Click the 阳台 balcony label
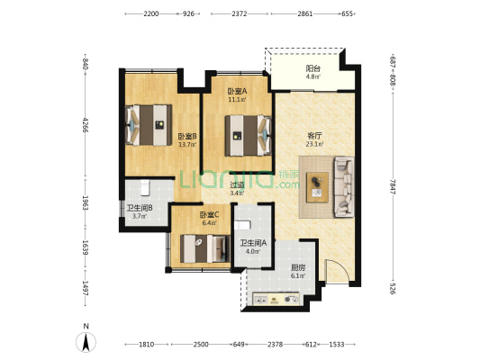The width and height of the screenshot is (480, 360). point(312,68)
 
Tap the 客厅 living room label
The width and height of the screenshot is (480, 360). point(314,136)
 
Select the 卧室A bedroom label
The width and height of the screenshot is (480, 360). point(237,91)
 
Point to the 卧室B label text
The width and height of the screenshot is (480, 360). point(187,136)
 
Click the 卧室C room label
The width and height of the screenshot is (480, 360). point(210,215)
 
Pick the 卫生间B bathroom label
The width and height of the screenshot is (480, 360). point(140,208)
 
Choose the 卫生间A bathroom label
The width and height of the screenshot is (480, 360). point(253,243)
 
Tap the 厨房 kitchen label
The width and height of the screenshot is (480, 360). point(298,267)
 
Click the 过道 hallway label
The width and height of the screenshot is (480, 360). point(237,184)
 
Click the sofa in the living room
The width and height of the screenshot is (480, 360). point(344,187)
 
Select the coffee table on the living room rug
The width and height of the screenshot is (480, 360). point(318,187)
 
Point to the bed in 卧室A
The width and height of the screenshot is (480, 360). point(249,136)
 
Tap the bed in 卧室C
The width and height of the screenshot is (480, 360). point(205,248)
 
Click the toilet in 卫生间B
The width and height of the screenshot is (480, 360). point(145,187)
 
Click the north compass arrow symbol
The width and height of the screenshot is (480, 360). point(86,342)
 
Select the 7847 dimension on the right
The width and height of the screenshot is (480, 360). point(393,187)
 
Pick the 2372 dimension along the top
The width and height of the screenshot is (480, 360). point(240,13)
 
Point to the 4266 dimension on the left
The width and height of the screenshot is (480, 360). point(85,125)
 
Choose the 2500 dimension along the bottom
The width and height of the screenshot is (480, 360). point(201,345)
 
